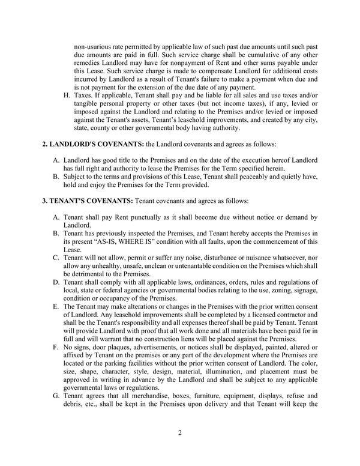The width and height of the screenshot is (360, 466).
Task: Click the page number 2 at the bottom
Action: tap(180, 432)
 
